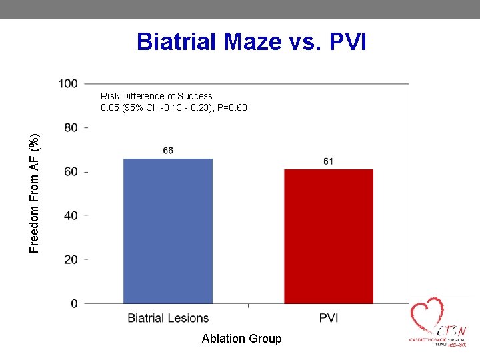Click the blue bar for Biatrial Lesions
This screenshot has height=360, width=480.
coord(168,231)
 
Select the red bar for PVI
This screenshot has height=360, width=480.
coord(329,236)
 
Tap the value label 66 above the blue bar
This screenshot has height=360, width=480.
coord(168,151)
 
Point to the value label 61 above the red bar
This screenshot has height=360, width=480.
coord(329,161)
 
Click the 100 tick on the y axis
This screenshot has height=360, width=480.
coord(68,83)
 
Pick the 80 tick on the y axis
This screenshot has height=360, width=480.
coord(70,127)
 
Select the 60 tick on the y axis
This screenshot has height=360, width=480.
coord(70,171)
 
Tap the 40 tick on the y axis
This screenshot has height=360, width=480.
coord(70,215)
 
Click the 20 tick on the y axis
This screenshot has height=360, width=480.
coord(70,259)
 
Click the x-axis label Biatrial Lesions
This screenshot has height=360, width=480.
coord(168,318)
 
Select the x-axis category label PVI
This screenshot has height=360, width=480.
coord(329,318)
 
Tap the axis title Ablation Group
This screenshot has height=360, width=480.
coord(241,339)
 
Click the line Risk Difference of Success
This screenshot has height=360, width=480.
coord(157,96)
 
